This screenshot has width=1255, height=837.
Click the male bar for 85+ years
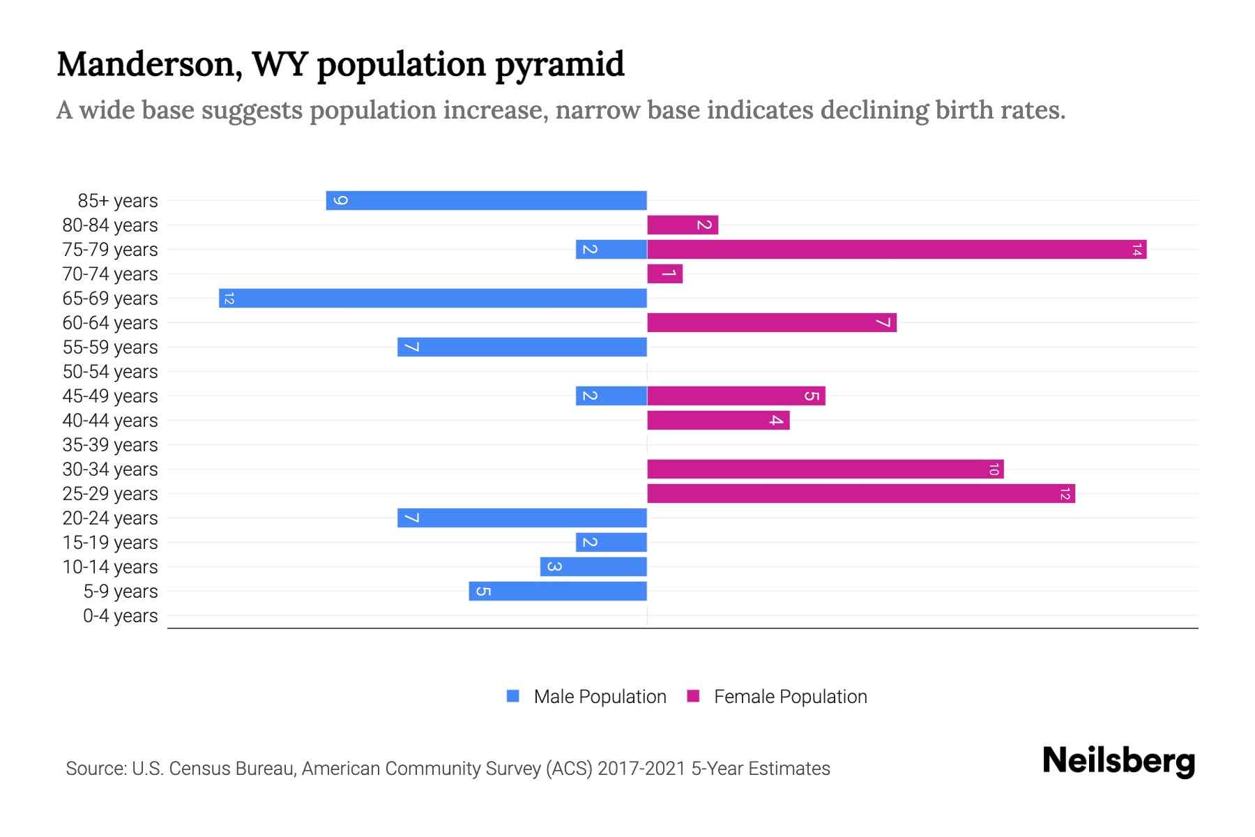(486, 200)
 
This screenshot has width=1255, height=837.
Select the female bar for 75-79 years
(896, 249)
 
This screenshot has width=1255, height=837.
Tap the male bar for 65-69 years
(432, 298)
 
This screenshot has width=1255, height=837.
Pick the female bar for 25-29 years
(860, 493)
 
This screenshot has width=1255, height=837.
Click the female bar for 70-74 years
(664, 273)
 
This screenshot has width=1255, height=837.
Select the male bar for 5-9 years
(558, 591)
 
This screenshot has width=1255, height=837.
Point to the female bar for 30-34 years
(825, 469)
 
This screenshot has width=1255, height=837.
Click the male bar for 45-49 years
(611, 395)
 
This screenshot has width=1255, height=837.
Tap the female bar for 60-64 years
(771, 322)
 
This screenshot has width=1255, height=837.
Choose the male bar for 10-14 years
(593, 566)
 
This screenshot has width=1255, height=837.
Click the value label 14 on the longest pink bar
(1136, 249)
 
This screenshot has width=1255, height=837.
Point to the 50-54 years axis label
(110, 372)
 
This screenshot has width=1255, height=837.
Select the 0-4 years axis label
(120, 616)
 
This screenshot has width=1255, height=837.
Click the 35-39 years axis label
(110, 445)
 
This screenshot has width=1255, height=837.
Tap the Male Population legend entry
(600, 696)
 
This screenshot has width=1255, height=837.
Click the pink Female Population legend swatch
(693, 696)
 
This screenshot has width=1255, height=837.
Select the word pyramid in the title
(559, 64)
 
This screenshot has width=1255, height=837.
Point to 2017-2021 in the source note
(641, 769)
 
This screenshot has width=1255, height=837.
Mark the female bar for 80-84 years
(682, 225)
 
